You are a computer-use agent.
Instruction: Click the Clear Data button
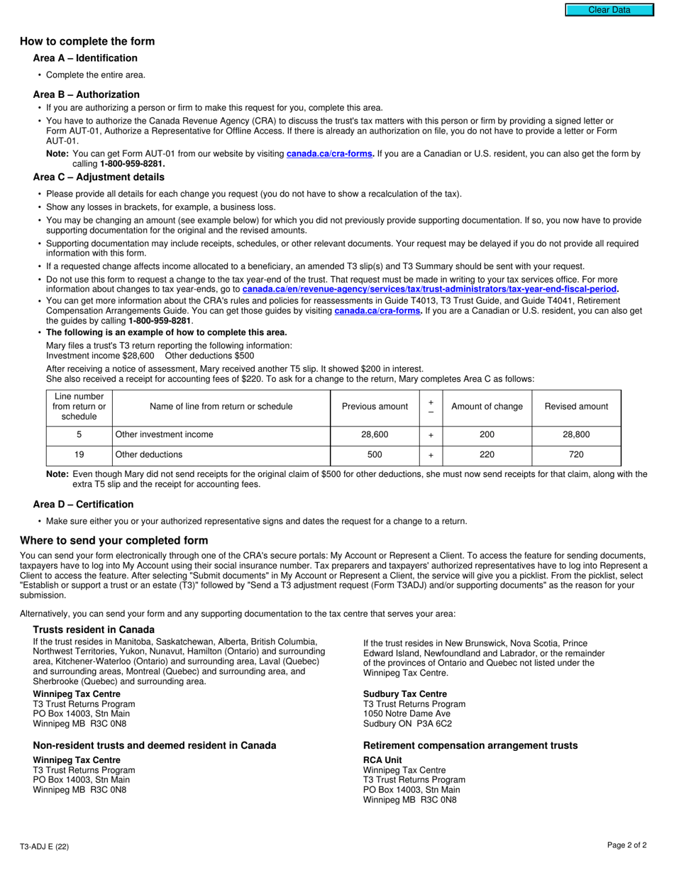pyautogui.click(x=609, y=10)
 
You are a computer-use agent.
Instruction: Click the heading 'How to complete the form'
pyautogui.click(x=87, y=41)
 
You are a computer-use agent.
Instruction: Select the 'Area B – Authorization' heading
pyautogui.click(x=86, y=94)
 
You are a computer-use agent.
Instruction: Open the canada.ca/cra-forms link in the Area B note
pyautogui.click(x=330, y=154)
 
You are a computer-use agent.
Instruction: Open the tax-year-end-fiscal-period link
pyautogui.click(x=430, y=290)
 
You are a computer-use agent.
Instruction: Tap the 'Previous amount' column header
pyautogui.click(x=375, y=407)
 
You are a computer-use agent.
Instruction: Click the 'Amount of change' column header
pyautogui.click(x=487, y=407)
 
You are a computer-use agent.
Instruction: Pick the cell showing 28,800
pyautogui.click(x=576, y=434)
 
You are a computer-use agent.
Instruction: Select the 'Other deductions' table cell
pyautogui.click(x=149, y=454)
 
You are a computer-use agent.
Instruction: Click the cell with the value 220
pyautogui.click(x=487, y=454)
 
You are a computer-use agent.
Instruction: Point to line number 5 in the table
pyautogui.click(x=79, y=434)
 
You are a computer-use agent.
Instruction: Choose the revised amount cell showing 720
pyautogui.click(x=576, y=454)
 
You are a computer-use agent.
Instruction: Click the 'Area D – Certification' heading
pyautogui.click(x=83, y=505)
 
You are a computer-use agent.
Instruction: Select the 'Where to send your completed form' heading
pyautogui.click(x=114, y=541)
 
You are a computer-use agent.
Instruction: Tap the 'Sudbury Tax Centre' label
pyautogui.click(x=404, y=694)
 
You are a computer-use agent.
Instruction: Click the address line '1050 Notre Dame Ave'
pyautogui.click(x=407, y=714)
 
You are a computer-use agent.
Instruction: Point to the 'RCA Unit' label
pyautogui.click(x=382, y=760)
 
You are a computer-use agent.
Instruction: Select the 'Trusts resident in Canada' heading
pyautogui.click(x=94, y=630)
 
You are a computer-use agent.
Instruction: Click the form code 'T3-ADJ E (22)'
pyautogui.click(x=45, y=846)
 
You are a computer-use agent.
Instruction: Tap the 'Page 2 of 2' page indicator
pyautogui.click(x=626, y=845)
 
